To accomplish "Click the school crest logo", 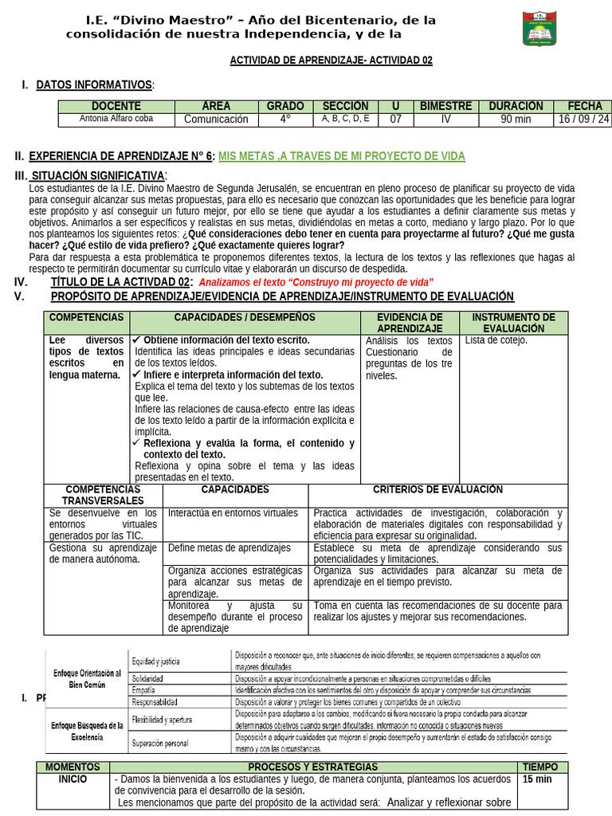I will click(544, 28).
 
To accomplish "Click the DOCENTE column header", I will click(116, 106).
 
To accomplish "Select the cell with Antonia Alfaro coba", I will click(116, 119).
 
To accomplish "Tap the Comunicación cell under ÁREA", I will click(216, 119).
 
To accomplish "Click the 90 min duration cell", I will click(516, 119).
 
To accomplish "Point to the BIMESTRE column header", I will click(445, 106).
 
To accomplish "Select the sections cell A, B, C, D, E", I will click(346, 119).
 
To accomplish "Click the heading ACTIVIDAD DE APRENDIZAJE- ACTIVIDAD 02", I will click(331, 61).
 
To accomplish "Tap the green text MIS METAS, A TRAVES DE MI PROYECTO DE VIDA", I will click(341, 157).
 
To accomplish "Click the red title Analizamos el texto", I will click(316, 282).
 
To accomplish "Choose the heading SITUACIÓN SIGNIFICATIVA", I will click(98, 175).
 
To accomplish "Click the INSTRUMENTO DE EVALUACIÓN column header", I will click(513, 323).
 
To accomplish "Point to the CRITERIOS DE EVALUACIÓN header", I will click(437, 489).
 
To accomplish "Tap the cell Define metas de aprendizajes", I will click(229, 548).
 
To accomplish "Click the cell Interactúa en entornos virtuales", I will click(233, 513).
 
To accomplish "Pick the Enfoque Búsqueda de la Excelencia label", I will click(87, 731).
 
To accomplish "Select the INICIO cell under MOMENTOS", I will click(73, 779).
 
